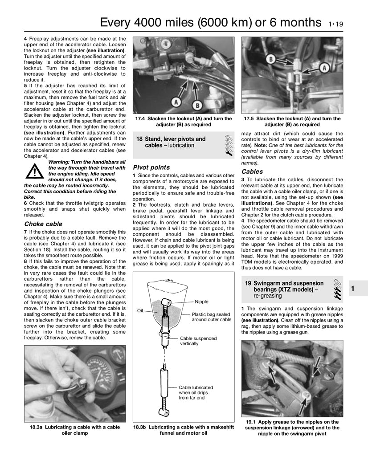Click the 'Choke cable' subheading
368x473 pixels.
[43, 224]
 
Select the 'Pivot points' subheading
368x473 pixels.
[151, 167]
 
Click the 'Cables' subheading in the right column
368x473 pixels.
[252, 171]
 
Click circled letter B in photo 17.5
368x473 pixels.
[270, 59]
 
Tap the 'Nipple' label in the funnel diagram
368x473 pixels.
[201, 302]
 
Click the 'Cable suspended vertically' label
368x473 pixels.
[198, 341]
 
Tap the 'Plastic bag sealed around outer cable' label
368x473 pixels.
[211, 317]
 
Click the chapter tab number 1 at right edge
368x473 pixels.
[352, 289]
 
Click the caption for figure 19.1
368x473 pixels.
[292, 428]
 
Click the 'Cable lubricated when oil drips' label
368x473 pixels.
[196, 392]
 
